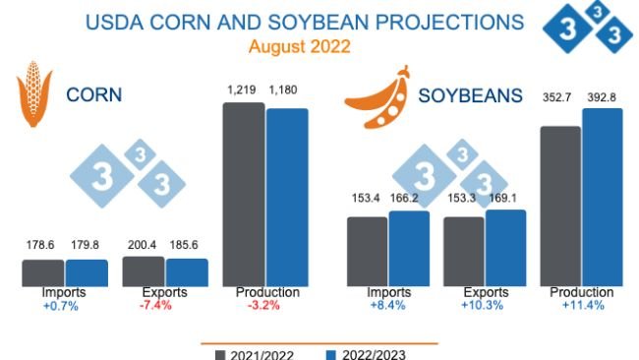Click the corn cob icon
click(x=33, y=95)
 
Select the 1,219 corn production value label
click(x=242, y=90)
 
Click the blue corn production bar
click(x=287, y=197)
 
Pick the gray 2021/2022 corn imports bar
click(x=43, y=272)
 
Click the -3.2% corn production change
click(x=264, y=305)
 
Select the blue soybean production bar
click(x=603, y=197)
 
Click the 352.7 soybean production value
click(x=560, y=98)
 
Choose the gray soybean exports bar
click(x=463, y=251)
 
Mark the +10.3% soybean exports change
click(x=482, y=305)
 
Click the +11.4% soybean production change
click(x=581, y=305)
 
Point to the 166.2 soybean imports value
click(x=409, y=199)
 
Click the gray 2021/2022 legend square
click(x=220, y=353)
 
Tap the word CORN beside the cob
click(x=94, y=95)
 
